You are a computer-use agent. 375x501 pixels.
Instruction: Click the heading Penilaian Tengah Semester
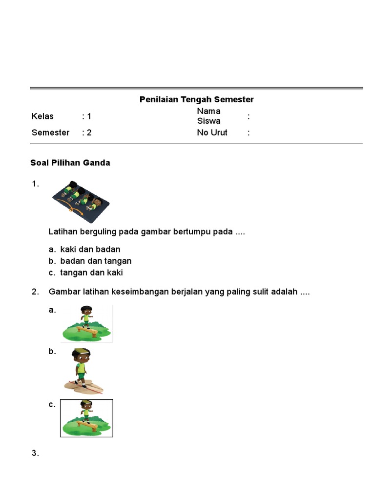[x=196, y=100]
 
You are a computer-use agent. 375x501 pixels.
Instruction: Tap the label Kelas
[x=42, y=116]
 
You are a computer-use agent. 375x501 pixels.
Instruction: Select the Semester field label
[x=50, y=133]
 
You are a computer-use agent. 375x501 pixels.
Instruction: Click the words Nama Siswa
[x=208, y=116]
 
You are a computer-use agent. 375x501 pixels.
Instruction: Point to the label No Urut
[x=212, y=133]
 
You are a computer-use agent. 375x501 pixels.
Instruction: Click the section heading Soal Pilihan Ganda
[x=70, y=163]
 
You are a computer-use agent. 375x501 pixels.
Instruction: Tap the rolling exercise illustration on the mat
[x=81, y=200]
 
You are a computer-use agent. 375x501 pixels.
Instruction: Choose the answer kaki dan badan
[x=90, y=250]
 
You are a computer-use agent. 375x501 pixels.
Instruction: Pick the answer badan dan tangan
[x=96, y=261]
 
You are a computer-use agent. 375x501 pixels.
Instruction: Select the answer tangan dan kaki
[x=91, y=273]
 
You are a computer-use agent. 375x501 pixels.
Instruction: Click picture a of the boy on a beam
[x=86, y=323]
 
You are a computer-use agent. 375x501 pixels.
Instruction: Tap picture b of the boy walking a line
[x=82, y=370]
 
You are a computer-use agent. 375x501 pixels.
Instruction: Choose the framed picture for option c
[x=86, y=418]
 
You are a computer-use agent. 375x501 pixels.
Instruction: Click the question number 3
[x=35, y=454]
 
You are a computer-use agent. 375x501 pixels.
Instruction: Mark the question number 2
[x=35, y=292]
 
